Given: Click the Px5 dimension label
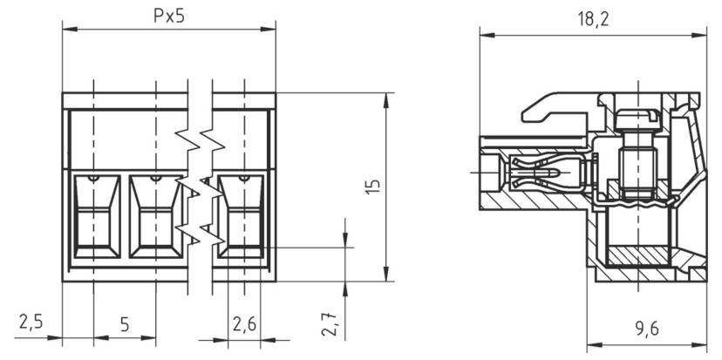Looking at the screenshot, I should [x=167, y=17].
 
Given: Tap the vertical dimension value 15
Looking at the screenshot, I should [x=372, y=187].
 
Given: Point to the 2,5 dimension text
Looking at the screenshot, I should [x=31, y=323].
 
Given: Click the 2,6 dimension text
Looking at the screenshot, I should [x=244, y=323].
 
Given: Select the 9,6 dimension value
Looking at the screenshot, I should [x=645, y=329].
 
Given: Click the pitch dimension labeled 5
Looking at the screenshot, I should [x=124, y=324].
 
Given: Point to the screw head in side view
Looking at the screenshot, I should [x=636, y=115].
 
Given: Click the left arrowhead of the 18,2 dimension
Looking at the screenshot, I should [x=486, y=36].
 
